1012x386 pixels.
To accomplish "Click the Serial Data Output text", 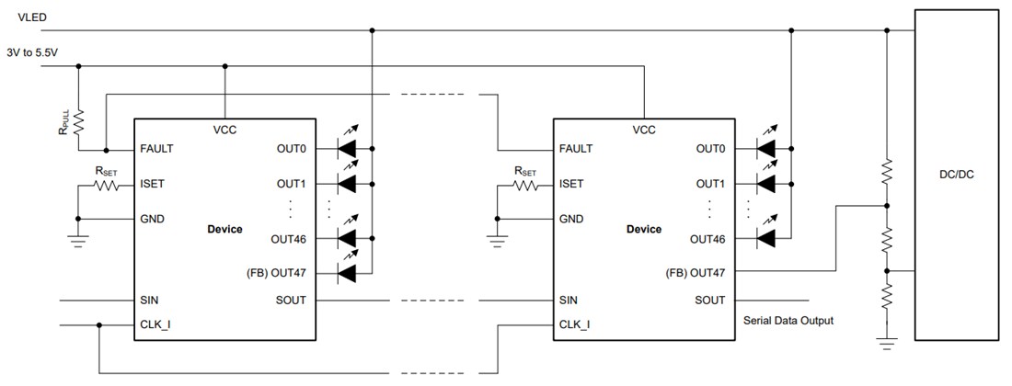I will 788,321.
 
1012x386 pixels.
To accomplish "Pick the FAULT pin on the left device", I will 156,148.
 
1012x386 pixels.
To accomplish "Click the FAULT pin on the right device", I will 575,148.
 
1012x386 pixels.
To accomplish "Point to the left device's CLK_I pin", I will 156,324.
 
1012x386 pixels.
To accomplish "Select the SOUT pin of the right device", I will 709,300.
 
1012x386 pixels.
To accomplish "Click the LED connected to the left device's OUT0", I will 347,148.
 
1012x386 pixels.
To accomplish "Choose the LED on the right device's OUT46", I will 765,238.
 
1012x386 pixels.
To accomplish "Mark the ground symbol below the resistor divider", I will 885,346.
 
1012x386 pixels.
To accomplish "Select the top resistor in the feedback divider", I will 885,171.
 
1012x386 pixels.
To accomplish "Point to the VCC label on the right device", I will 644,130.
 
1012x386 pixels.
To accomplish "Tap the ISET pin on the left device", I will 153,184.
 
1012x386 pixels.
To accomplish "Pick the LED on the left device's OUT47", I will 347,272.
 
